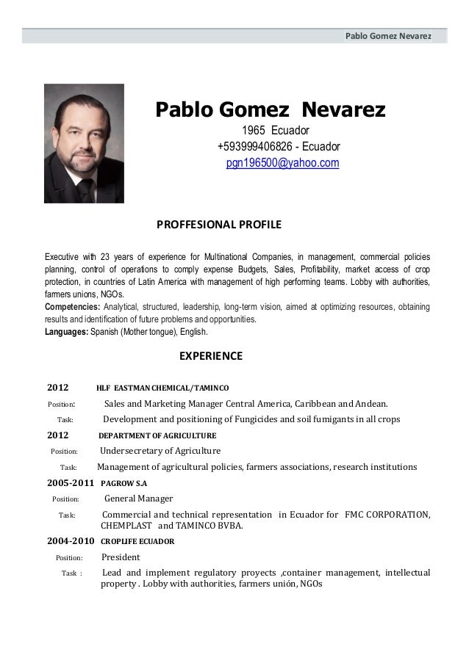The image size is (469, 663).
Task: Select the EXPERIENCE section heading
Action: pyautogui.click(x=211, y=358)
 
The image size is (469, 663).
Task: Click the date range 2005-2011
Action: pyautogui.click(x=70, y=484)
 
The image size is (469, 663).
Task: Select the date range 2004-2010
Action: pyautogui.click(x=70, y=542)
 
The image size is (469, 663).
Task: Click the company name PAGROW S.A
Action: pyautogui.click(x=123, y=485)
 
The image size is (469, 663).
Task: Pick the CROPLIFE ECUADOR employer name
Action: pyautogui.click(x=137, y=543)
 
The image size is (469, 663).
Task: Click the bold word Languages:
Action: pyautogui.click(x=66, y=332)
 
